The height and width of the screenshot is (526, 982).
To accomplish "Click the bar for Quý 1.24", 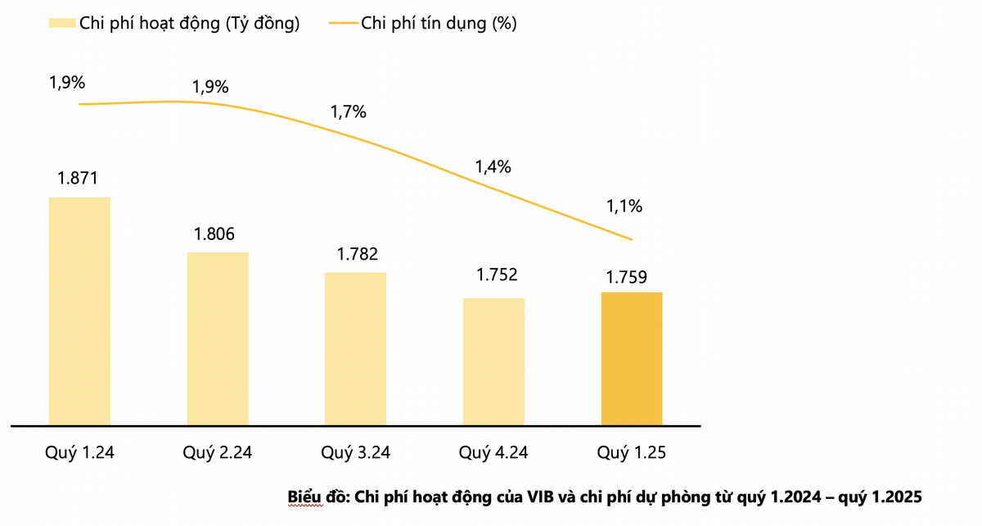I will pyautogui.click(x=79, y=311).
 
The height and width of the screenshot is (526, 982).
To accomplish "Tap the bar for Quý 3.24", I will pyautogui.click(x=355, y=348).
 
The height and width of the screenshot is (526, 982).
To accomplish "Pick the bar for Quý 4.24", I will pyautogui.click(x=493, y=361).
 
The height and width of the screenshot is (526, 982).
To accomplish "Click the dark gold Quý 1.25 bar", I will pyautogui.click(x=632, y=358).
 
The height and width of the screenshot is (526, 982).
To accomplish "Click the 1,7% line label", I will pyautogui.click(x=348, y=112).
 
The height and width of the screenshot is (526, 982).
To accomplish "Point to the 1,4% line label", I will pyautogui.click(x=493, y=167).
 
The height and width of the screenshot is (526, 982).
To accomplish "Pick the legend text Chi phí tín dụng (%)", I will pyautogui.click(x=439, y=24).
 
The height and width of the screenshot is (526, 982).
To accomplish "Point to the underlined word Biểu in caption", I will pyautogui.click(x=304, y=497).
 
